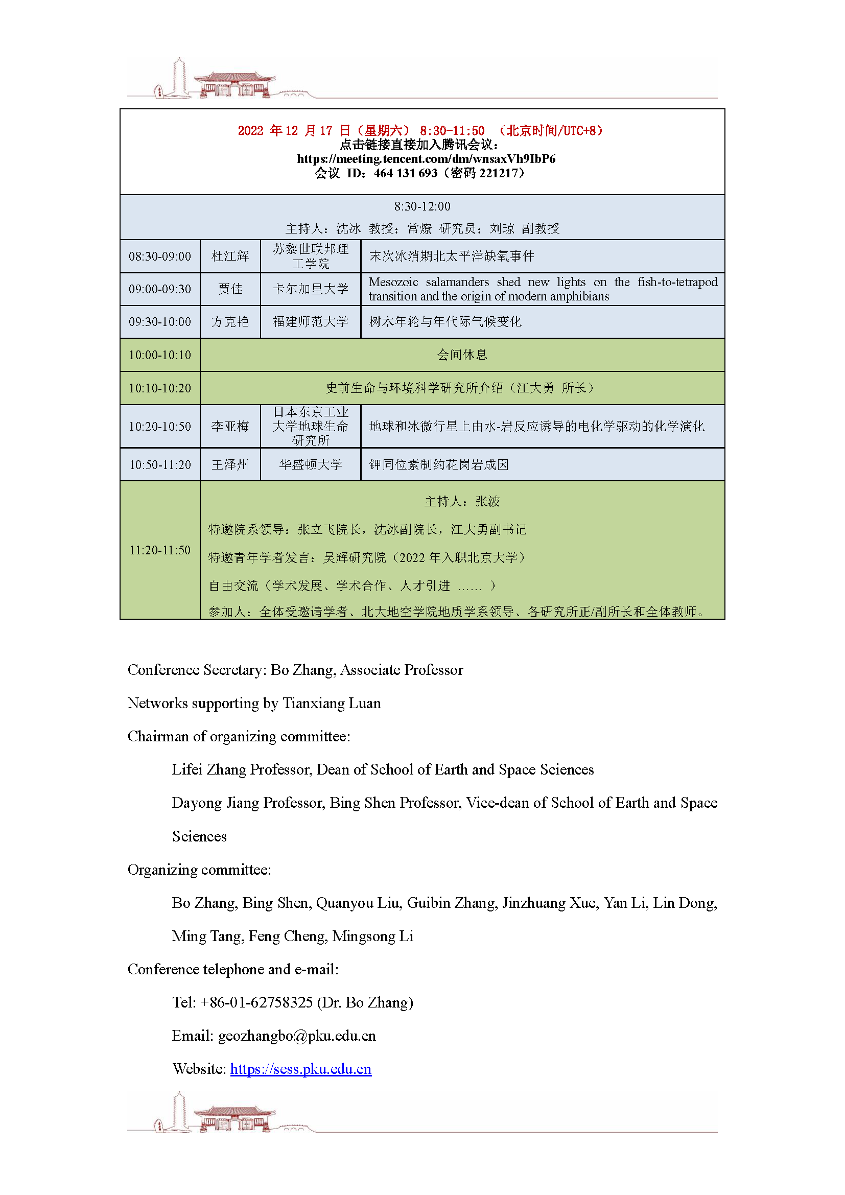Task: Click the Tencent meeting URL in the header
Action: click(x=426, y=159)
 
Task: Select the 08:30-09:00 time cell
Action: click(x=160, y=256)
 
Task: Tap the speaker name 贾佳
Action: click(x=230, y=289)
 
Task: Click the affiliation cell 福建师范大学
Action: click(x=310, y=322)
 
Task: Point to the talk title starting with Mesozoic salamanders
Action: click(x=542, y=289)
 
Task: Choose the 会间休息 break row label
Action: click(x=461, y=355)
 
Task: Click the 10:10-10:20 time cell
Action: click(x=160, y=388)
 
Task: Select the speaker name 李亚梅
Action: click(x=230, y=426)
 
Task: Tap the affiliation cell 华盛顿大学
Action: click(x=310, y=464)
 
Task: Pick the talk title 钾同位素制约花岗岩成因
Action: click(x=439, y=464)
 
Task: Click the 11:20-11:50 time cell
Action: click(x=160, y=550)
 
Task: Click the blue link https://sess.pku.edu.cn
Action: click(x=301, y=1068)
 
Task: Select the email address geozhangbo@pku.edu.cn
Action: click(x=297, y=1035)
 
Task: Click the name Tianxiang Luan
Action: click(x=332, y=703)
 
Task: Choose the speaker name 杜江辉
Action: click(x=230, y=256)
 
